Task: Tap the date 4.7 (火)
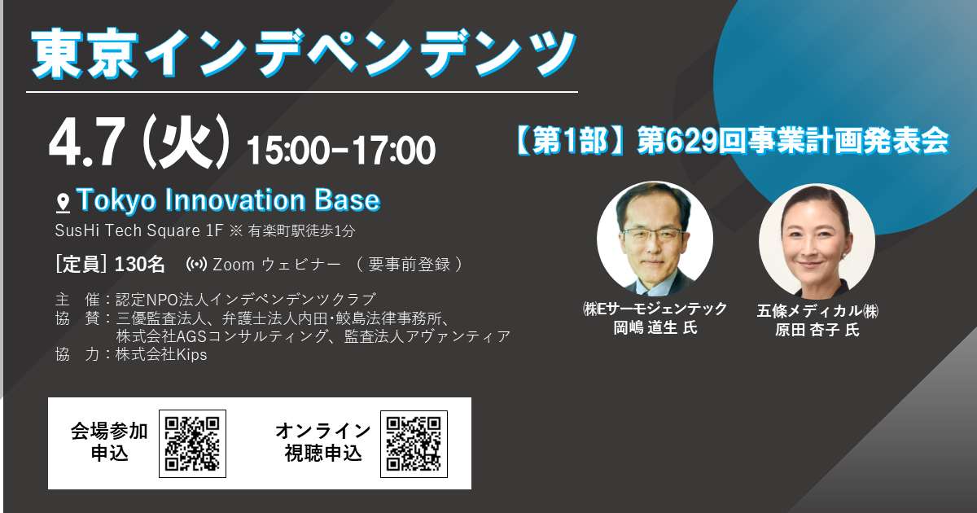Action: (139, 142)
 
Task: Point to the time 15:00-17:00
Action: (341, 150)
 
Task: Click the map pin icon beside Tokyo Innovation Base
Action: (64, 204)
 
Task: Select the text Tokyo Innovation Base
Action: (229, 200)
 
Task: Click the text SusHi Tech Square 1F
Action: (139, 230)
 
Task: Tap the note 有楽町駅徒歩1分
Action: (302, 230)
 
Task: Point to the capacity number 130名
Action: (139, 265)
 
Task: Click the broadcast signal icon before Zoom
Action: (196, 265)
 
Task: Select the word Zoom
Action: (234, 265)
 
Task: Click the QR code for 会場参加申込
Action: (192, 444)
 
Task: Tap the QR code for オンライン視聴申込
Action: (414, 444)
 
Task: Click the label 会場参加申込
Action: (109, 442)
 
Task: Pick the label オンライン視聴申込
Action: (323, 442)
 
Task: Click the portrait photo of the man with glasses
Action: (655, 239)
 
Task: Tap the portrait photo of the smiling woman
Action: (817, 241)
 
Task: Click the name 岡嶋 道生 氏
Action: (655, 328)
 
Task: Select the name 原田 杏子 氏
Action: (817, 330)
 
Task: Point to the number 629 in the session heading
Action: (692, 141)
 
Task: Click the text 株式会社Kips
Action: (161, 355)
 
